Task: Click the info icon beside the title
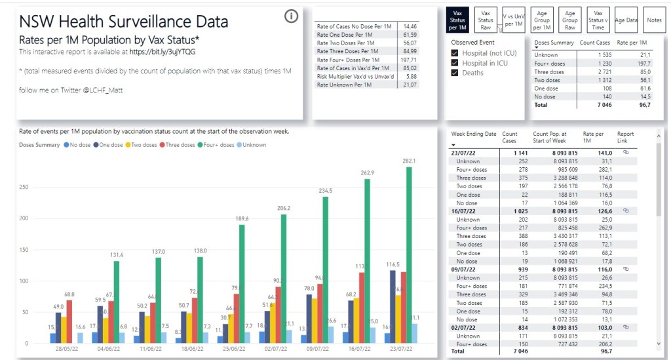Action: (292, 16)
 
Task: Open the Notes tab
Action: (653, 20)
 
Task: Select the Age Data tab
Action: (626, 20)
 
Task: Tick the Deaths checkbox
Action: (455, 73)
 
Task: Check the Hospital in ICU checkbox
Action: (455, 63)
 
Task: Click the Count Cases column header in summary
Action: (594, 42)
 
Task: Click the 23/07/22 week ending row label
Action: (464, 153)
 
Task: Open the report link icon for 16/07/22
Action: (625, 211)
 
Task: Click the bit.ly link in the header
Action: (162, 51)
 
